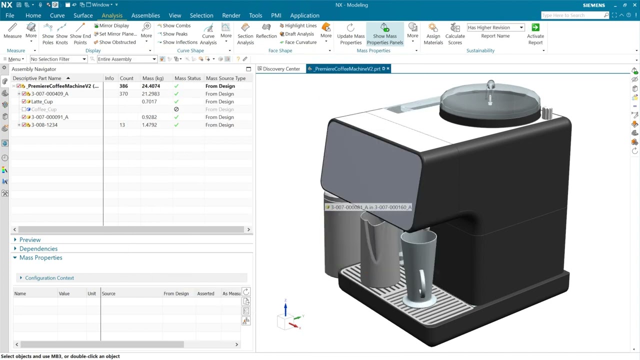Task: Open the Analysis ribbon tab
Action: (x=112, y=15)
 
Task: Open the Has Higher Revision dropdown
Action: (x=521, y=27)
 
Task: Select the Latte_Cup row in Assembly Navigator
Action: (x=42, y=101)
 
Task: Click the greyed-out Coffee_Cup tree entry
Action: (x=44, y=109)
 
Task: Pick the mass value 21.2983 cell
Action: (x=150, y=94)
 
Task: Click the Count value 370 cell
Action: (x=123, y=94)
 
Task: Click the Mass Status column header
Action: (x=187, y=78)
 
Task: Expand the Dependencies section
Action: (x=38, y=248)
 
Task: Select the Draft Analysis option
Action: (x=299, y=34)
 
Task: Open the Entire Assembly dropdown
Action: (x=126, y=59)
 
